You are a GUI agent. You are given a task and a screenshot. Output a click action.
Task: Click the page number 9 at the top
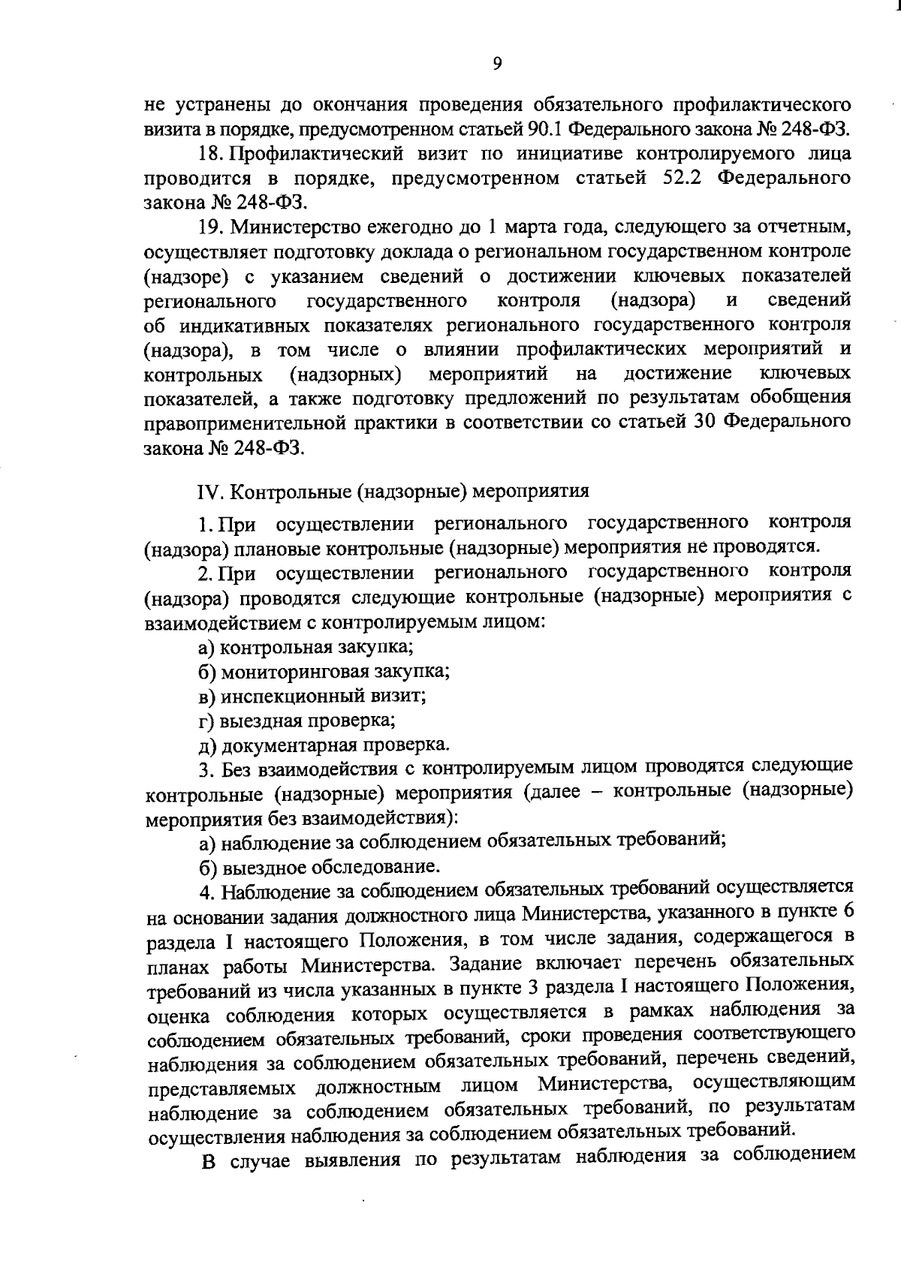(x=497, y=65)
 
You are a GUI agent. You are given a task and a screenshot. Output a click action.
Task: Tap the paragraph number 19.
(x=209, y=227)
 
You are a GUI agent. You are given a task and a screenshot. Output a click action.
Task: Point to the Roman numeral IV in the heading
(x=206, y=492)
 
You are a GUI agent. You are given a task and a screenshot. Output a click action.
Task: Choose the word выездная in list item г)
(x=259, y=721)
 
